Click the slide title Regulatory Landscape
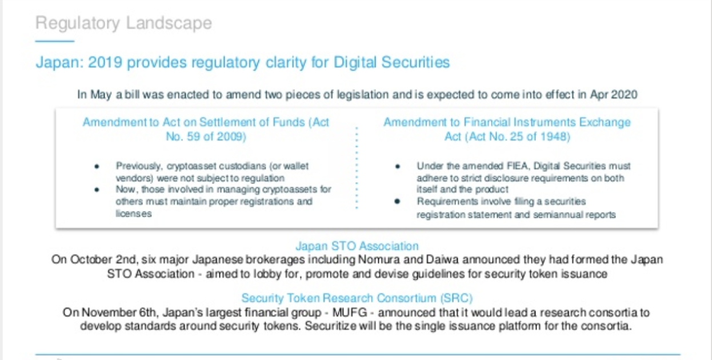pyautogui.click(x=123, y=23)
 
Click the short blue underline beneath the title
pyautogui.click(x=55, y=41)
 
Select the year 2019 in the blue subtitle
pyautogui.click(x=105, y=62)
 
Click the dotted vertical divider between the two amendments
pyautogui.click(x=357, y=168)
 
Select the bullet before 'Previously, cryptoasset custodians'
pyautogui.click(x=97, y=166)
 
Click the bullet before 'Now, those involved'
pyautogui.click(x=97, y=190)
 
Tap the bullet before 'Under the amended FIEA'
pyautogui.click(x=397, y=166)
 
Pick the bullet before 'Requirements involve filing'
pyautogui.click(x=397, y=202)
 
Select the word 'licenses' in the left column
pyautogui.click(x=134, y=214)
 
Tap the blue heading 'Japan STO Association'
pyautogui.click(x=357, y=246)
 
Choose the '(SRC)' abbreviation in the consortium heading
pyautogui.click(x=457, y=298)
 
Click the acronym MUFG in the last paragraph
pyautogui.click(x=350, y=313)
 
